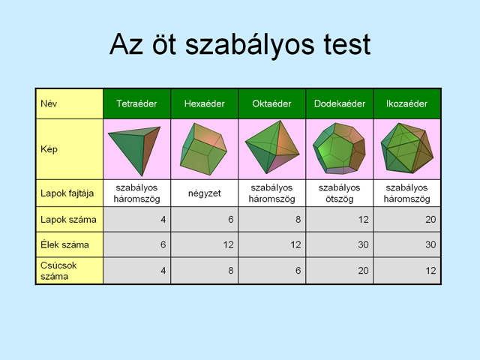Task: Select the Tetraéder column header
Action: coord(136,103)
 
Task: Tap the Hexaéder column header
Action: coord(205,103)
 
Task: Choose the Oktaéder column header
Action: coord(271,103)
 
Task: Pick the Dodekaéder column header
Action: coord(340,103)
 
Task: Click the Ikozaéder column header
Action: coord(406,103)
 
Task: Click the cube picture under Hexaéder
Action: coord(203,148)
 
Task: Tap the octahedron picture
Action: coord(272,147)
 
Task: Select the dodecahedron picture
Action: coord(339,148)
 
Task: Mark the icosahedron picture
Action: coord(407,148)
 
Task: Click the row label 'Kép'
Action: coord(49,149)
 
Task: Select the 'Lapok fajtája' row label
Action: coord(67,193)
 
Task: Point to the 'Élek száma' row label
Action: coord(64,244)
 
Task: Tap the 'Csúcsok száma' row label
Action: coord(58,271)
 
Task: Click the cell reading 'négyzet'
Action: coord(205,193)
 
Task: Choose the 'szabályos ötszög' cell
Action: coord(340,193)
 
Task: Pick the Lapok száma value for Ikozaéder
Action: coord(430,220)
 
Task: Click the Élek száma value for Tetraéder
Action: coord(163,244)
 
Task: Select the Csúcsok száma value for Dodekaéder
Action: coord(363,271)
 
